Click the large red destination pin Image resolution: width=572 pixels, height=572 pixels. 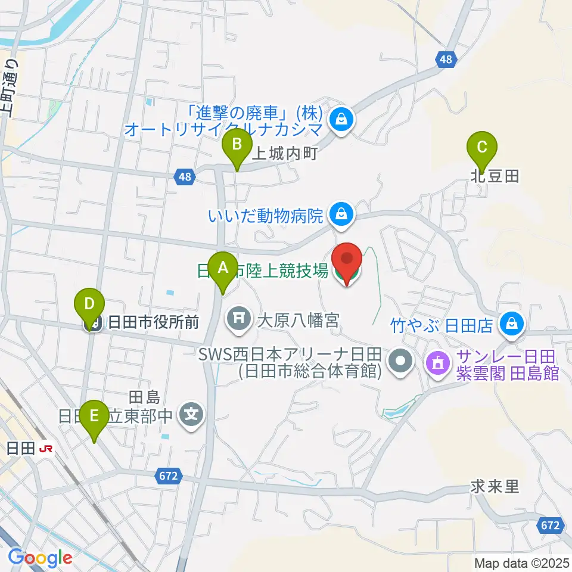click(347, 263)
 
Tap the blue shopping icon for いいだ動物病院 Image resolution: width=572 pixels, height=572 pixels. click(341, 213)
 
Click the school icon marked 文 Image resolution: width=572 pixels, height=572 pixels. click(192, 412)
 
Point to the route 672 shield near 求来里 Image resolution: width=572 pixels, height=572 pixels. click(551, 525)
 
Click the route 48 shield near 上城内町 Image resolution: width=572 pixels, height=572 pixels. click(185, 176)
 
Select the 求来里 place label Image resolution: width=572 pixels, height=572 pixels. click(495, 487)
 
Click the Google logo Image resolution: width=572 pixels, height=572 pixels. click(40, 557)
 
